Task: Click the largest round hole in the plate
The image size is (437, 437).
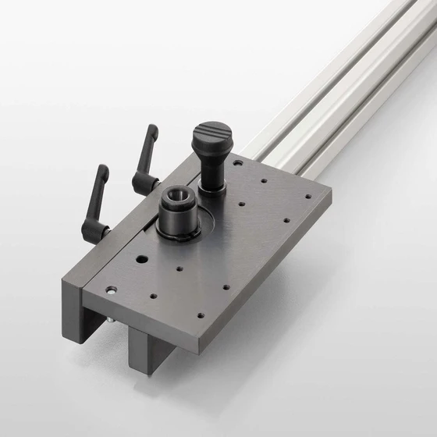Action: coord(142,259)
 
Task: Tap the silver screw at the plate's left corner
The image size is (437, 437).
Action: coord(111,290)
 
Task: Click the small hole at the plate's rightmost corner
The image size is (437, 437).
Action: coord(308,197)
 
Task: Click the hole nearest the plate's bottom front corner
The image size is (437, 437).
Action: coord(200,315)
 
